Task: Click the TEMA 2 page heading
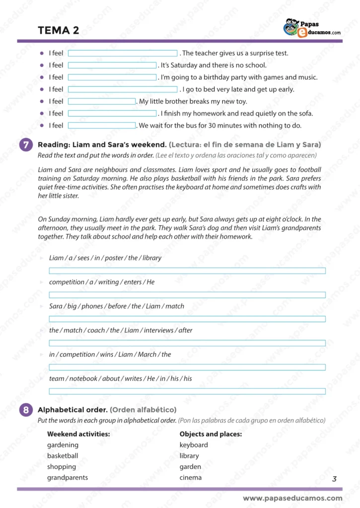[58, 30]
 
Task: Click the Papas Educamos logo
[311, 28]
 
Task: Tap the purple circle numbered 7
[25, 145]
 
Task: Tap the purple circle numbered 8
[25, 410]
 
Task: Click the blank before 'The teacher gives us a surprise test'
[123, 53]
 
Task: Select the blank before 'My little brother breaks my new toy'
[102, 102]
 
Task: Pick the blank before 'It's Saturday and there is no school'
[112, 65]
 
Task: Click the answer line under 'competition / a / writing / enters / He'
[187, 295]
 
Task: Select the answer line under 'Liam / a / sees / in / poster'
[187, 270]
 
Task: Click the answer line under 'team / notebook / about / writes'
[187, 391]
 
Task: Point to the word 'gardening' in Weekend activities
[63, 445]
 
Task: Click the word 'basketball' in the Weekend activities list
[63, 456]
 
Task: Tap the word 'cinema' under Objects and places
[191, 478]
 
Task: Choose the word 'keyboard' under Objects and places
[194, 445]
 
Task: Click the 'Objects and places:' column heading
[211, 434]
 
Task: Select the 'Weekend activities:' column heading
[78, 434]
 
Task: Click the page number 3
[334, 479]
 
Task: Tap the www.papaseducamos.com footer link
[292, 498]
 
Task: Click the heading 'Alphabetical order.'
[72, 410]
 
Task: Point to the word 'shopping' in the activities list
[62, 467]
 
